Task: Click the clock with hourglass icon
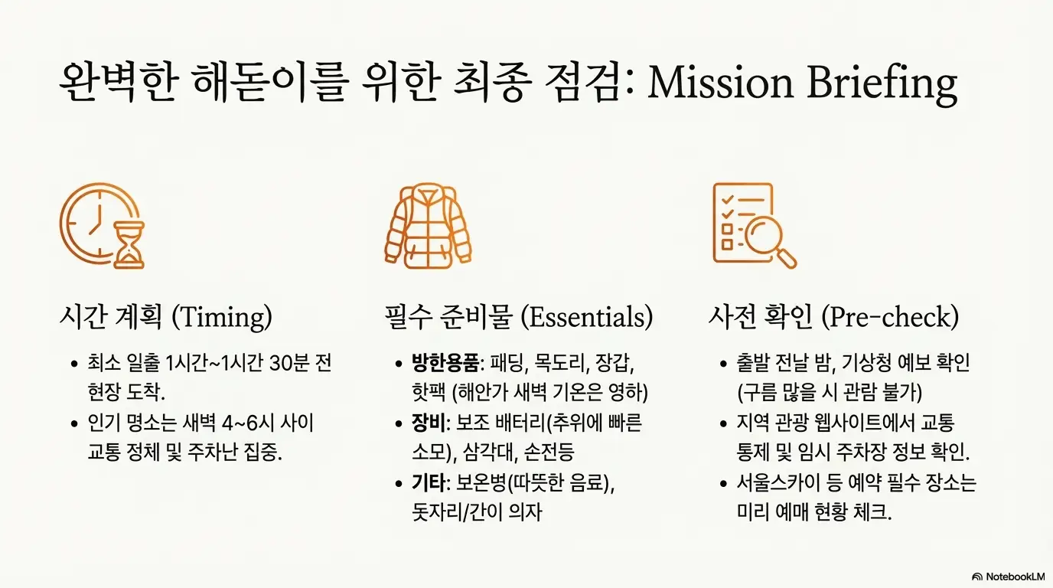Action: coord(101,225)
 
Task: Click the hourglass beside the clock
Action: coord(128,247)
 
